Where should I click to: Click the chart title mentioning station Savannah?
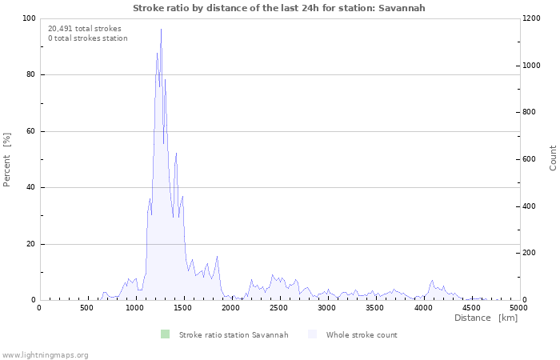(279, 8)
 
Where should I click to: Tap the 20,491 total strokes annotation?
(85, 29)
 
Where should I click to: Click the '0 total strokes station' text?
(88, 38)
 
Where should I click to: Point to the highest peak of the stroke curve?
(161, 30)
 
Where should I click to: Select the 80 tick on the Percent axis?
(30, 75)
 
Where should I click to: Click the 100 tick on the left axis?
(28, 18)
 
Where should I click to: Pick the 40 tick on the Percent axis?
(30, 188)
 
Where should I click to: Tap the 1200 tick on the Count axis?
(533, 18)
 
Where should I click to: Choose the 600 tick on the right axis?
(530, 159)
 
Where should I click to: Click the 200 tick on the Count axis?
(530, 254)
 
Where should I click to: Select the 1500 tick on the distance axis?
(183, 308)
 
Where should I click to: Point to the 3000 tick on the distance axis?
(327, 308)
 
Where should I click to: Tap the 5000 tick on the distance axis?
(518, 308)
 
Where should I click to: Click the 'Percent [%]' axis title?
(7, 159)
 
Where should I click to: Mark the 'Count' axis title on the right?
(553, 158)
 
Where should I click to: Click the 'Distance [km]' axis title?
(486, 318)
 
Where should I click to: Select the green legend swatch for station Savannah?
(165, 334)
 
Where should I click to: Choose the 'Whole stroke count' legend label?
(362, 334)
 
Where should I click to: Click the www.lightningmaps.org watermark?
(45, 354)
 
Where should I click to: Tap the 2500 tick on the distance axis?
(279, 308)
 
